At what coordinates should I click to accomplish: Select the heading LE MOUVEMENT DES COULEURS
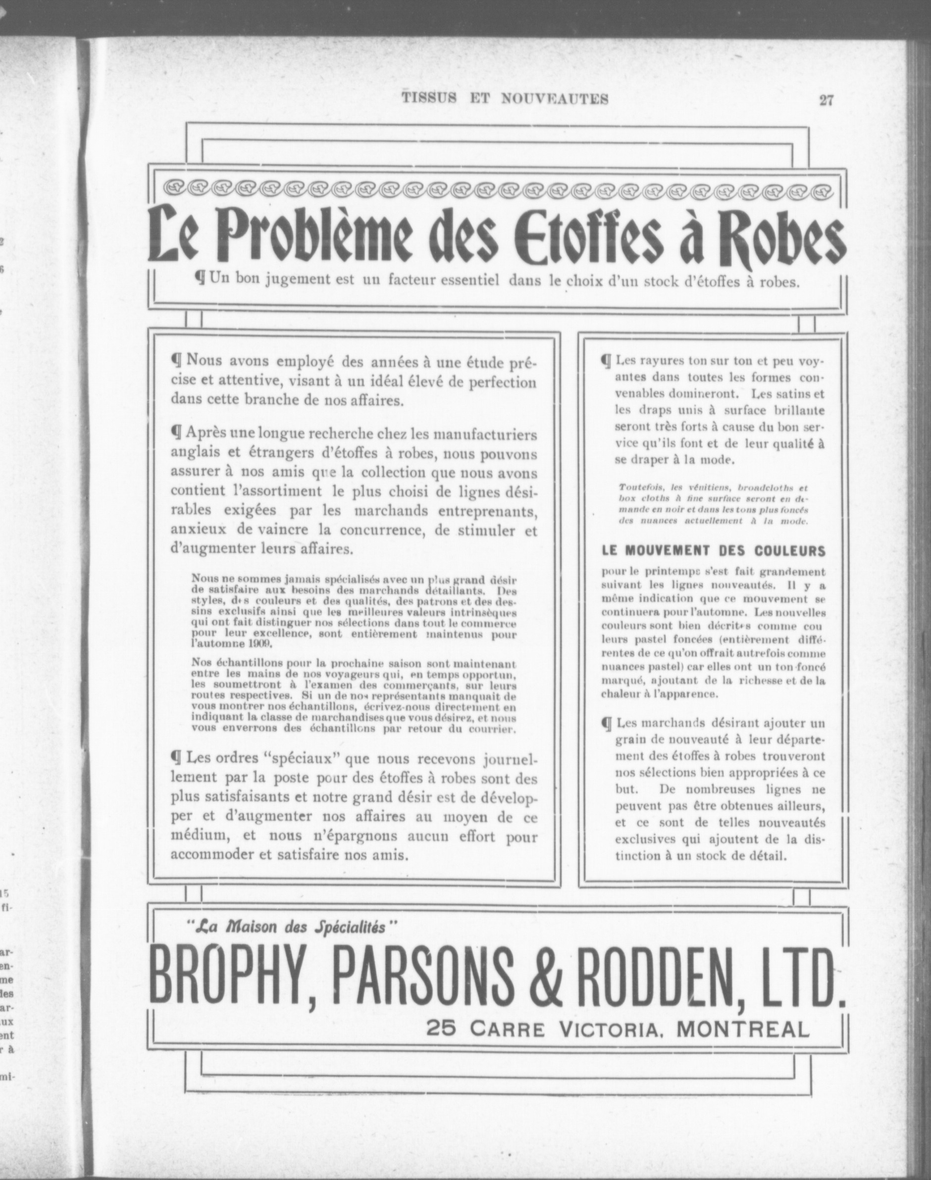pyautogui.click(x=713, y=550)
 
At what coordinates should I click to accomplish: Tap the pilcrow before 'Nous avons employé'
pyautogui.click(x=177, y=361)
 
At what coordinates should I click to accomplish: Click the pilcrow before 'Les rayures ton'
pyautogui.click(x=606, y=361)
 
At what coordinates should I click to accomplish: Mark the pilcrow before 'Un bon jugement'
pyautogui.click(x=201, y=280)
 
